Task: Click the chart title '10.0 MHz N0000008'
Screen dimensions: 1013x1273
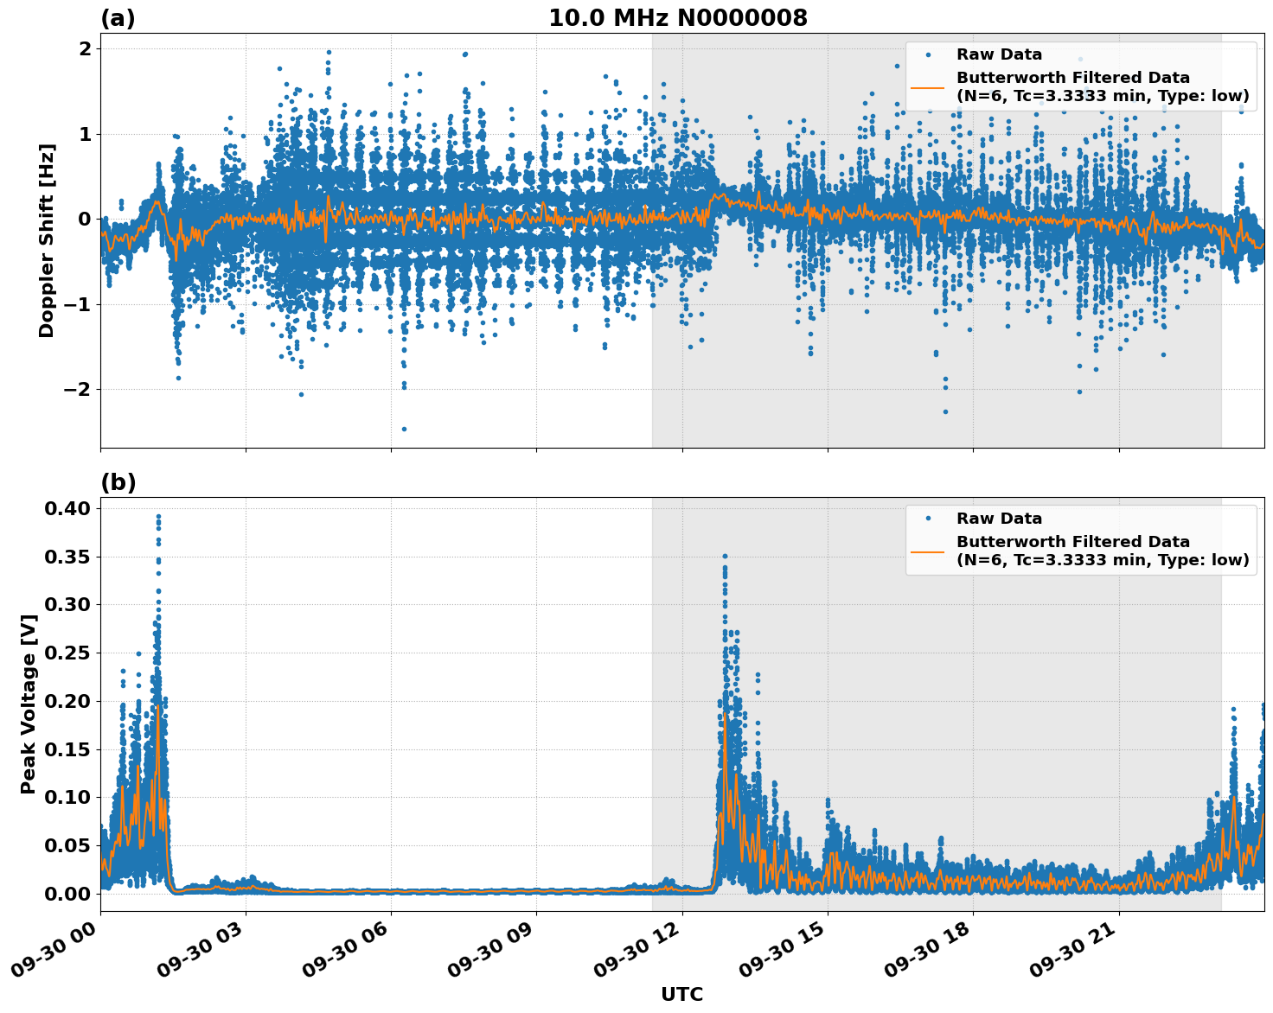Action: [x=677, y=18]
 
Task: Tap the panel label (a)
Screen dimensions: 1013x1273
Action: [x=118, y=18]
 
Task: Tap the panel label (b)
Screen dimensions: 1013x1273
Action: [x=118, y=482]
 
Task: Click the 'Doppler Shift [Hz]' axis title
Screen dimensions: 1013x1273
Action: [x=47, y=240]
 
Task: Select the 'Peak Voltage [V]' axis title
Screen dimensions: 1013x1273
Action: [x=29, y=704]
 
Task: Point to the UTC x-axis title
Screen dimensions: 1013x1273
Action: [x=681, y=994]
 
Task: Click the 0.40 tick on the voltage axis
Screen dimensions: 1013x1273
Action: [x=67, y=509]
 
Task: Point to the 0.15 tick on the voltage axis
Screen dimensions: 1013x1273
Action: [x=67, y=749]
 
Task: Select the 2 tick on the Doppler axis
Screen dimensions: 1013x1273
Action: [x=85, y=49]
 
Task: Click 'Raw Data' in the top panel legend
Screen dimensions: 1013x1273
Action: [x=999, y=54]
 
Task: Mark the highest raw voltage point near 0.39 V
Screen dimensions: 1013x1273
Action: [x=158, y=516]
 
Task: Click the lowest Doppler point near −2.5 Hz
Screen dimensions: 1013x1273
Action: [x=404, y=429]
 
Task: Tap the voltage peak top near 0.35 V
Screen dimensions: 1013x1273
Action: [x=725, y=557]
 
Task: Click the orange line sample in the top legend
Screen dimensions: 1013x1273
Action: [x=928, y=86]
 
